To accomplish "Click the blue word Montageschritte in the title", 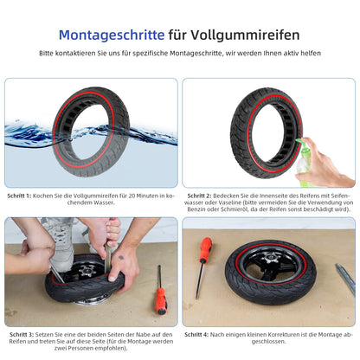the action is [112, 35].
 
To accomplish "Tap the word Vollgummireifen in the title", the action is [245, 35].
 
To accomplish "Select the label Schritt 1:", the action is [19, 196].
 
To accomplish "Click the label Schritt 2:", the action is [199, 196].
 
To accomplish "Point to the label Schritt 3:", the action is [22, 335].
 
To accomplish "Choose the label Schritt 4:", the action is [196, 335].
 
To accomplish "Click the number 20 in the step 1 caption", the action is [132, 196].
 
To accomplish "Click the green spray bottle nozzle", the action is [299, 141].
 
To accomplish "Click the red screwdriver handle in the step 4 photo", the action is [206, 248].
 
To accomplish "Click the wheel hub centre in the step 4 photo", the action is [271, 257].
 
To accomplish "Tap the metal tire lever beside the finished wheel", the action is [345, 279].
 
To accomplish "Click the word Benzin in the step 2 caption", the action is [196, 209].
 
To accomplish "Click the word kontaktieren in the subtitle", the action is [74, 54].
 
